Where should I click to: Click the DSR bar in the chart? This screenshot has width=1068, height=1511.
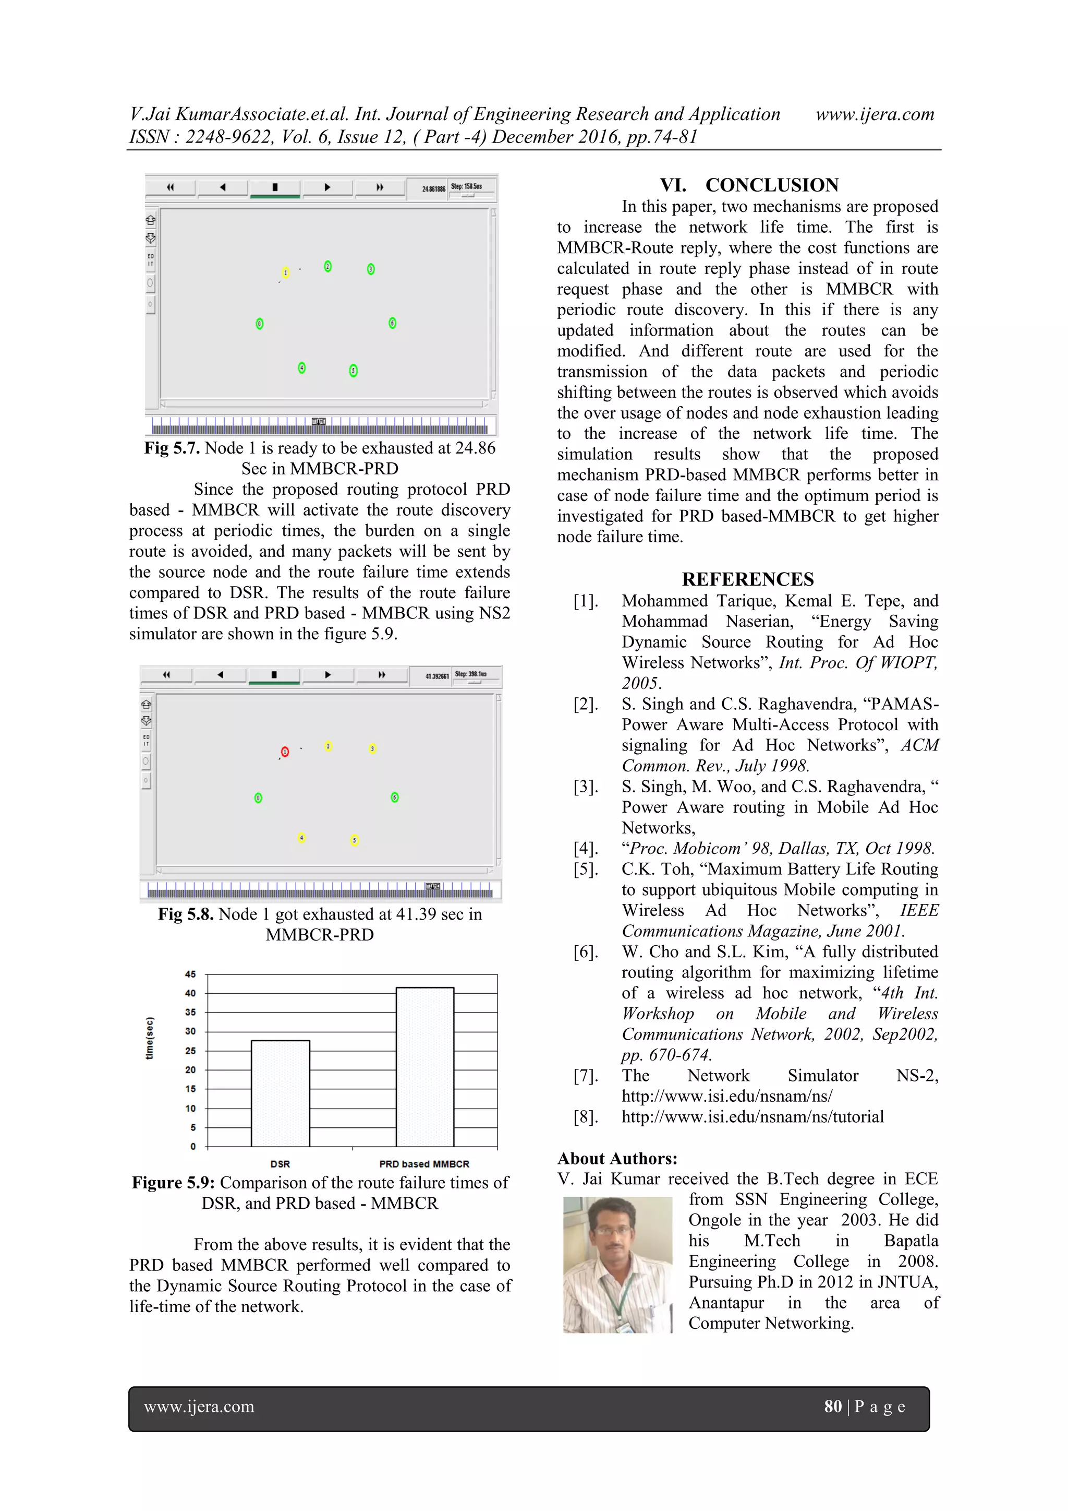click(280, 1094)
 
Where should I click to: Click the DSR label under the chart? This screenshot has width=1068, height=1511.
click(280, 1164)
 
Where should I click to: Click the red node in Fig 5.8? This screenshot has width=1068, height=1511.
click(285, 752)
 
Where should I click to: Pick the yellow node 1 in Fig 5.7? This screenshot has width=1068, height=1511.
click(285, 272)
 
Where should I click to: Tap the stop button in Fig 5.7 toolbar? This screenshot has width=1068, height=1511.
click(275, 187)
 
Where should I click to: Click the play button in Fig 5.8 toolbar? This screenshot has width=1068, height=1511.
click(327, 674)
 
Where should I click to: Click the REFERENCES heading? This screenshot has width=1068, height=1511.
click(748, 579)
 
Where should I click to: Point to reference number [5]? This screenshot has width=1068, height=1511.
click(585, 870)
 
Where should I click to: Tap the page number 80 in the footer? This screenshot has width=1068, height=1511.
click(833, 1407)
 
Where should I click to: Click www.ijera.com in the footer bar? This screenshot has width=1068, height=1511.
click(199, 1407)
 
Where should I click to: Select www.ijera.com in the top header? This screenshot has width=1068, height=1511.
click(874, 114)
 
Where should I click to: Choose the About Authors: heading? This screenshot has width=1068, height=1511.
click(617, 1158)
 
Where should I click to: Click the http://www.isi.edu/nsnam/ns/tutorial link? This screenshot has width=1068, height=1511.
click(753, 1117)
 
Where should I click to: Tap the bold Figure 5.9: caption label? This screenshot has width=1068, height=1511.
click(174, 1183)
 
